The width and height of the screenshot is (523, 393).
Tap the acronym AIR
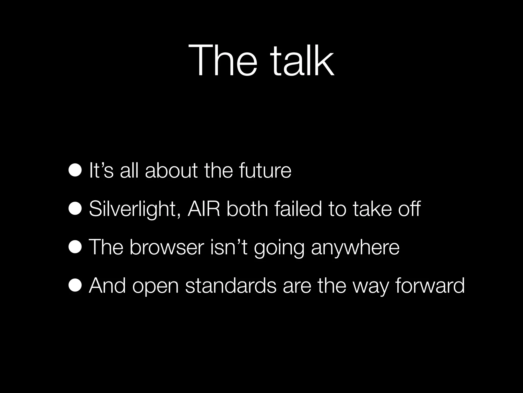click(x=204, y=209)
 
